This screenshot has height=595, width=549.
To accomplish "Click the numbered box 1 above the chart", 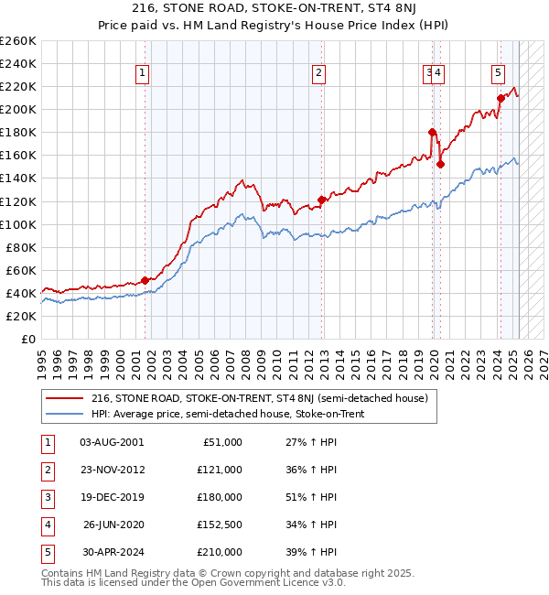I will click(x=144, y=74).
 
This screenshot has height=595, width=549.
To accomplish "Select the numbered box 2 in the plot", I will click(x=318, y=74).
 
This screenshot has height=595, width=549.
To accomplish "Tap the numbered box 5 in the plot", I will click(x=498, y=74).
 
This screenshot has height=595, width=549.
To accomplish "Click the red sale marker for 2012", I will click(x=321, y=200).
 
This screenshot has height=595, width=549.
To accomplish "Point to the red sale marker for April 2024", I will click(x=501, y=98).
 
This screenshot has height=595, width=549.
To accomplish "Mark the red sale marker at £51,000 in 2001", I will click(x=145, y=280).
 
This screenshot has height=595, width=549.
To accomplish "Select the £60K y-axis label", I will click(x=21, y=270).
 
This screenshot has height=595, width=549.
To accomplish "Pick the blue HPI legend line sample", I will click(x=64, y=414).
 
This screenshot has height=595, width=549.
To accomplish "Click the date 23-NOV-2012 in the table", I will click(x=113, y=470).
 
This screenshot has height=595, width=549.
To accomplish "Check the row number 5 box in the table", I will click(x=46, y=552).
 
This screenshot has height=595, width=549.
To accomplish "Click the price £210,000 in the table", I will click(x=220, y=552).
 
